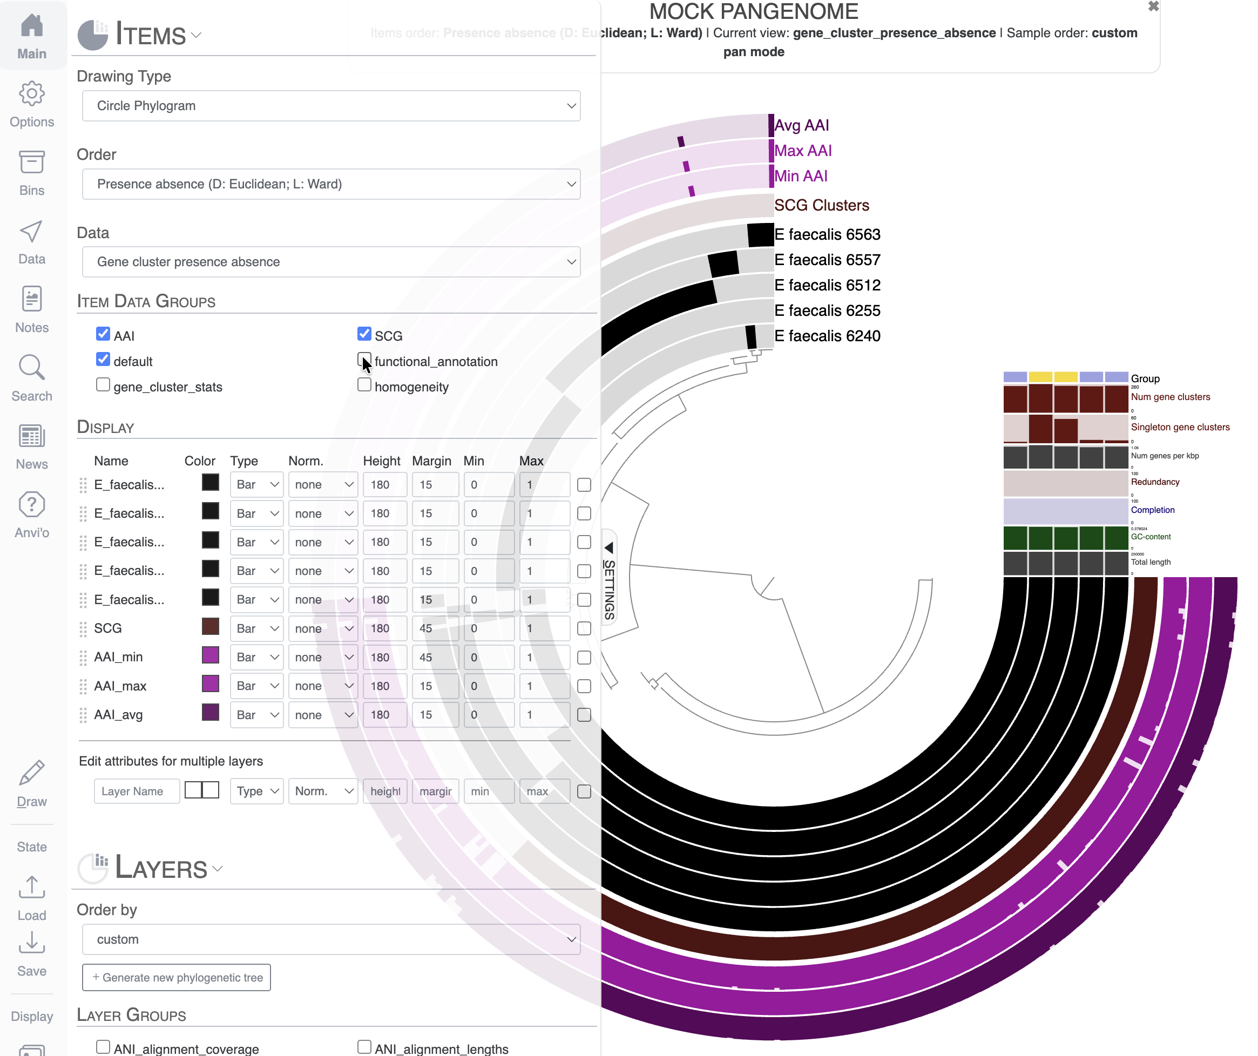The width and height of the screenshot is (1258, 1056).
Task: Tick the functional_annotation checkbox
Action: click(363, 360)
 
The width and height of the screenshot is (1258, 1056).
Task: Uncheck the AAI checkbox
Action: click(103, 334)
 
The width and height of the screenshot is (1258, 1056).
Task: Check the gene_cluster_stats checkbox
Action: click(103, 385)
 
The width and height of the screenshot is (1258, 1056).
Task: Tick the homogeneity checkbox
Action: click(363, 385)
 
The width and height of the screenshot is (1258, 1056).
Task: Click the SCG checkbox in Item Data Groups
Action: click(363, 334)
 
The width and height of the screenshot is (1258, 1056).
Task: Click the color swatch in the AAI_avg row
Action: click(210, 713)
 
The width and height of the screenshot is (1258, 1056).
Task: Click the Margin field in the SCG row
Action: click(434, 628)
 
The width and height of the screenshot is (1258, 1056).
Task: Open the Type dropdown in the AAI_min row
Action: click(256, 657)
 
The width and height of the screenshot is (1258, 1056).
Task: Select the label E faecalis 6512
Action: click(827, 285)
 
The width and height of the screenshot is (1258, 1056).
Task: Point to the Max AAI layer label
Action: click(803, 151)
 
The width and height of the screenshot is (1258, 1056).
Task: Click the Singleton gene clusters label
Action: click(1180, 427)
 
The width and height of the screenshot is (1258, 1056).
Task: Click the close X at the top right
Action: click(1153, 6)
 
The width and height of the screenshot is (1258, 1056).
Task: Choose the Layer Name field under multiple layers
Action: click(137, 791)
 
